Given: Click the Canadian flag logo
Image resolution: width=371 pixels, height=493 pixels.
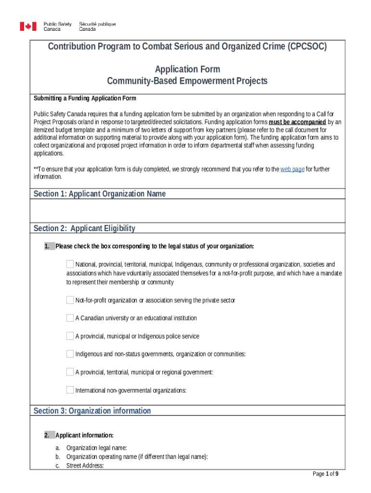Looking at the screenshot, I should pyautogui.click(x=28, y=26).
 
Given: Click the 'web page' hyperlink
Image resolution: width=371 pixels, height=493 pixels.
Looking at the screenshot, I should pyautogui.click(x=292, y=169).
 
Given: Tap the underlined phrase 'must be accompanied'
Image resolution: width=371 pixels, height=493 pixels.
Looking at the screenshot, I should pyautogui.click(x=297, y=122).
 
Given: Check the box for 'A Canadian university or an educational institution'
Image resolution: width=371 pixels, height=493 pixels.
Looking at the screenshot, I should pyautogui.click(x=70, y=318).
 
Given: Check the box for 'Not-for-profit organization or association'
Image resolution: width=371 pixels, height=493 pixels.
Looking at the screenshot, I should pyautogui.click(x=70, y=300).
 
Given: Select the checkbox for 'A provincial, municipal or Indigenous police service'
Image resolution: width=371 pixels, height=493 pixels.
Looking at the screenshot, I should pyautogui.click(x=70, y=336).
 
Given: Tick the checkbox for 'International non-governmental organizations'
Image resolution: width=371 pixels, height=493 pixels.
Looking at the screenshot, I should pyautogui.click(x=70, y=390).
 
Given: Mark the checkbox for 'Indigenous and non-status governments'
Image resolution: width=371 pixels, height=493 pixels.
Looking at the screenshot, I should pyautogui.click(x=70, y=354).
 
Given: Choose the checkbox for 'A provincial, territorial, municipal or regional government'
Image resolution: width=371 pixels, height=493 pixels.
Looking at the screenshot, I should pyautogui.click(x=70, y=372).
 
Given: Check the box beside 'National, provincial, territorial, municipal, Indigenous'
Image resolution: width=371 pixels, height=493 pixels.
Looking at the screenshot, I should pyautogui.click(x=70, y=264).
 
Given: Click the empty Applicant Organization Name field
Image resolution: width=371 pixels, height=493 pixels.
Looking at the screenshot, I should pyautogui.click(x=187, y=211).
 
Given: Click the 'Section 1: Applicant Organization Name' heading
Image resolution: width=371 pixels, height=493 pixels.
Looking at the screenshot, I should pyautogui.click(x=100, y=194).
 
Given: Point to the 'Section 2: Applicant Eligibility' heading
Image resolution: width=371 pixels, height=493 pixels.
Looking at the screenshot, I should pyautogui.click(x=84, y=229).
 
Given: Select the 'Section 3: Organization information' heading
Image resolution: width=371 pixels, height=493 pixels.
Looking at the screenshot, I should pyautogui.click(x=92, y=411).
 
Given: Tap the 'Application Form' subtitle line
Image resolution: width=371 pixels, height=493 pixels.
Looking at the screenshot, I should pyautogui.click(x=187, y=69).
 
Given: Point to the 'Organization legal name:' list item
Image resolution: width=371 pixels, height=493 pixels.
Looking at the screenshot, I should pyautogui.click(x=96, y=448).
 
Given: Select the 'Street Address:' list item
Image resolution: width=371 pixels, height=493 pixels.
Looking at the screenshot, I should pyautogui.click(x=85, y=466).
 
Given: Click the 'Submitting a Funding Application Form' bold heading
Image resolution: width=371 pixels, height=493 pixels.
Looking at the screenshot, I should pyautogui.click(x=85, y=99).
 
